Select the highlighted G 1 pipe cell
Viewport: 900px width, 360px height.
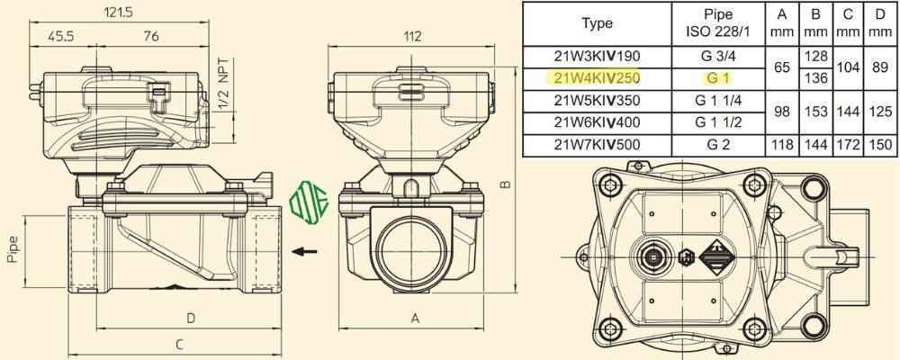(x=718, y=77)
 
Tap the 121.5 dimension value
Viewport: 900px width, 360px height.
(x=119, y=12)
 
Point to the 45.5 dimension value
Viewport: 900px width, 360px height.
(x=61, y=36)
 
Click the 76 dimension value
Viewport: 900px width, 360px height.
(x=151, y=36)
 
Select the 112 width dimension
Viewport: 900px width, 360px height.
(x=413, y=36)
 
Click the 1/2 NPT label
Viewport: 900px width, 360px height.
(x=224, y=85)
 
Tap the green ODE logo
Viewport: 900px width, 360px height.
(x=309, y=201)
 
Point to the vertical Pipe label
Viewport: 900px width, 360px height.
(x=13, y=249)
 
